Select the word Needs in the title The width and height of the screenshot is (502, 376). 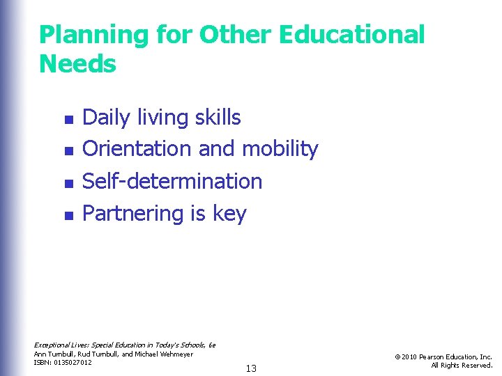coord(77,64)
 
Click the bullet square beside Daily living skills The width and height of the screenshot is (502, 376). coord(68,120)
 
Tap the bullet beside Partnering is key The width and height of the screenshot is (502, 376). coord(68,216)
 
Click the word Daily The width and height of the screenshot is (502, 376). coord(106,118)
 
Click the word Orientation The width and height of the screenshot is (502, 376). coord(137,149)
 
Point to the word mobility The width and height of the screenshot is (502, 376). coord(280,149)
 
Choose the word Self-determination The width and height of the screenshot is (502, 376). coord(172,181)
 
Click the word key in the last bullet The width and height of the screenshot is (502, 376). coord(229,214)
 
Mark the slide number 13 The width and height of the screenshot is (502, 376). coord(251,368)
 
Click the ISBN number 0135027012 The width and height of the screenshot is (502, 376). coord(73,363)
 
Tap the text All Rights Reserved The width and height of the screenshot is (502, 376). coord(462,366)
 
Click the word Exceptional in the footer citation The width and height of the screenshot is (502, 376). coord(52,345)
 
